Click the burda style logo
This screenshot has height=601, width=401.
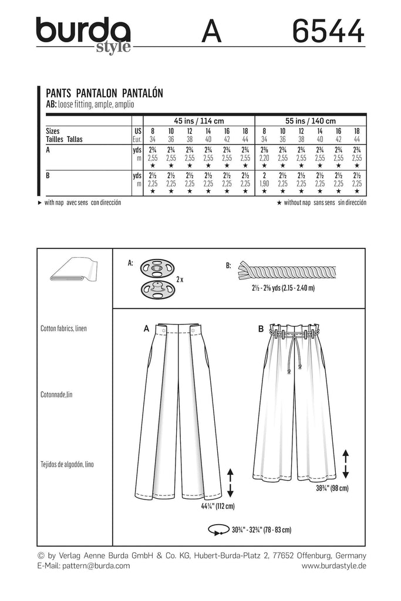pos(83,33)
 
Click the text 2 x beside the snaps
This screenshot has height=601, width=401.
pos(180,280)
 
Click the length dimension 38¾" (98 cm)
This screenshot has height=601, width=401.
pos(332,488)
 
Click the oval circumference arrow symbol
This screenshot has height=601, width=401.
pos(215,531)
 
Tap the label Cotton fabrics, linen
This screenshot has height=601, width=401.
pos(63,328)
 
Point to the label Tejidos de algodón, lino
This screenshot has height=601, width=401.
pos(68,464)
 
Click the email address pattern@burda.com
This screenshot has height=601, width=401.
pos(83,566)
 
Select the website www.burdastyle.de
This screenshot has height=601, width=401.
pos(334,566)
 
